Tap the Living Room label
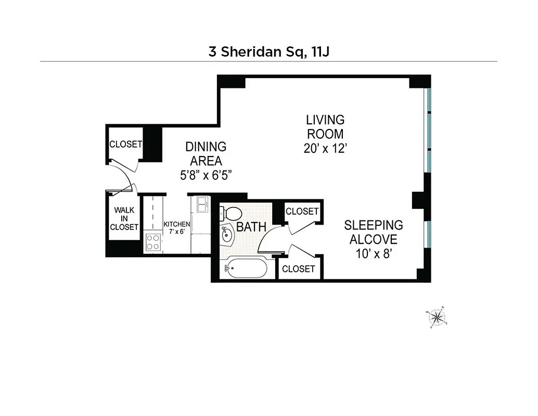pos(325,126)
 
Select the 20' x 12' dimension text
pos(325,148)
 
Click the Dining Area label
pos(207,153)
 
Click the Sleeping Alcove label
pos(373,232)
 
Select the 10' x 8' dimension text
pos(373,254)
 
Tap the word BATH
pos(251,227)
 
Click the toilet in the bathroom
pos(232,213)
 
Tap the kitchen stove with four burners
pos(153,241)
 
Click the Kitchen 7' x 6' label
pos(177,227)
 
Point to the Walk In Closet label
pos(124,219)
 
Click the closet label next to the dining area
pos(125,144)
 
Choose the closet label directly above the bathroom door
pos(302,211)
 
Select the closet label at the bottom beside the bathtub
pos(298,268)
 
